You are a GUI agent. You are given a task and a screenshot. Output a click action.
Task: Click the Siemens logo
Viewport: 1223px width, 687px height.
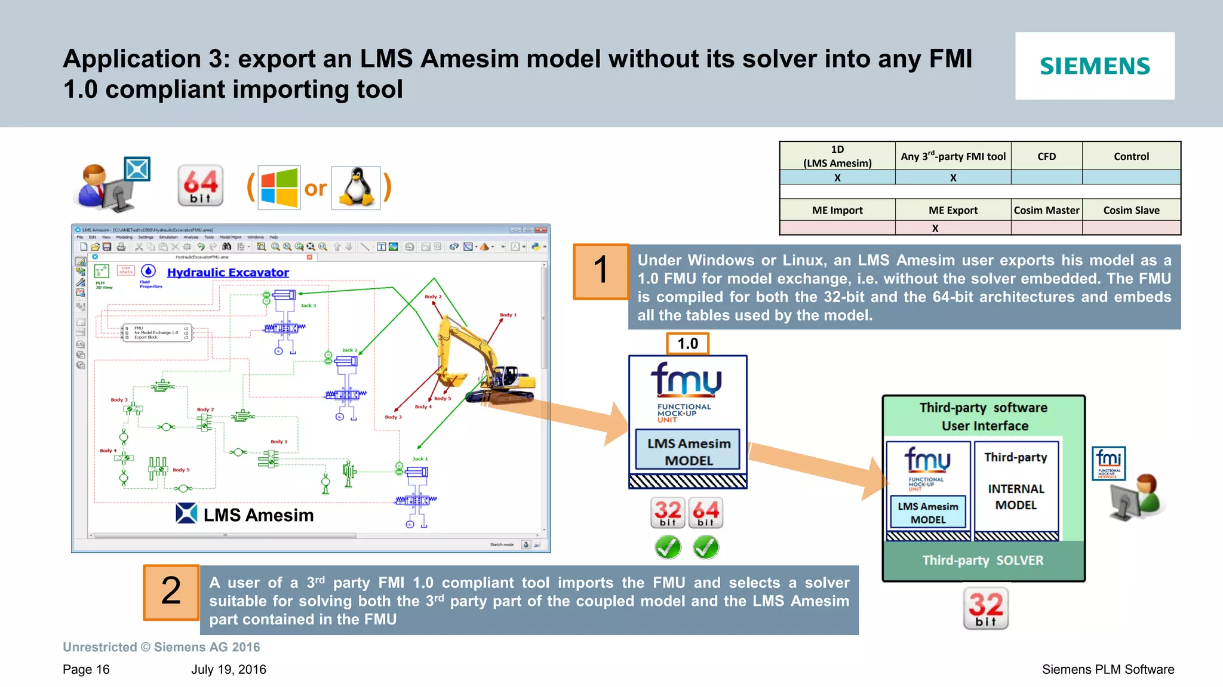1095,66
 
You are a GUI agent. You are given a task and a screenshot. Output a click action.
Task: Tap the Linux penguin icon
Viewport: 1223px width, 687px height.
356,187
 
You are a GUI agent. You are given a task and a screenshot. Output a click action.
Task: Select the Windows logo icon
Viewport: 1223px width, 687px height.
279,187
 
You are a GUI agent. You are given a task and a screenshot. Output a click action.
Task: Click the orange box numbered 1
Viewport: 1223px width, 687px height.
600,271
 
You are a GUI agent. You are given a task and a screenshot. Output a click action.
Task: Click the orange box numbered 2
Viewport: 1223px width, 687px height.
171,592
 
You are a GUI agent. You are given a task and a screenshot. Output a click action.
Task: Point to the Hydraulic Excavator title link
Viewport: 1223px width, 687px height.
228,273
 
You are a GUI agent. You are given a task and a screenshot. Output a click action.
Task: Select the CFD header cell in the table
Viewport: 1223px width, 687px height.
1046,156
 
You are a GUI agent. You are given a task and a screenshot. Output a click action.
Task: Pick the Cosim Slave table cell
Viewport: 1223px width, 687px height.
1131,210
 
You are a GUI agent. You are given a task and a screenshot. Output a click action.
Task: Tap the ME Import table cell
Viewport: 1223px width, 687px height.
837,210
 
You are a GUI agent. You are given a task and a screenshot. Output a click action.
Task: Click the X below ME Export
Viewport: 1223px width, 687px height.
935,228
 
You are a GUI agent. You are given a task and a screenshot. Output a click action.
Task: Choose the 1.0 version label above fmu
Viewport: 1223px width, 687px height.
687,344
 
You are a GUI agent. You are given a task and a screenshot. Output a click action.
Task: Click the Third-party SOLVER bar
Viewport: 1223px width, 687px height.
983,560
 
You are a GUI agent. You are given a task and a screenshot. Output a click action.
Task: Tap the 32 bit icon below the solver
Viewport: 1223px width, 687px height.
985,608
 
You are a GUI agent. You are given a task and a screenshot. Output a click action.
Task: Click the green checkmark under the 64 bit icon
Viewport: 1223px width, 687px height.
706,547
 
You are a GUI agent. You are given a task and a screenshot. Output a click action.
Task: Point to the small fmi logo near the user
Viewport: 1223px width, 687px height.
1109,463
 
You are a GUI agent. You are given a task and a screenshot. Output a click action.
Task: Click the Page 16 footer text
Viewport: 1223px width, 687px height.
86,670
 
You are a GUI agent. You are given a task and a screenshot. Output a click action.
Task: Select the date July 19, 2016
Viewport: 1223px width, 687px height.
229,670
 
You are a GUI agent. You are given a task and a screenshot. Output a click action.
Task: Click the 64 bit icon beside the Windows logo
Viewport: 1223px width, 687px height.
201,186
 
